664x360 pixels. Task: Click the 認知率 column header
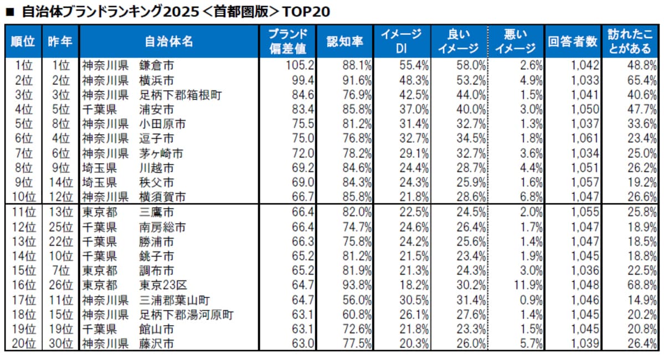tap(345, 42)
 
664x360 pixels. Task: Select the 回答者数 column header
tap(573, 42)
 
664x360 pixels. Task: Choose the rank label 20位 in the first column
tap(23, 344)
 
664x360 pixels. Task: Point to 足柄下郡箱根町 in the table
tap(180, 94)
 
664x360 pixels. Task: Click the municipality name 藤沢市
tap(157, 344)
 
